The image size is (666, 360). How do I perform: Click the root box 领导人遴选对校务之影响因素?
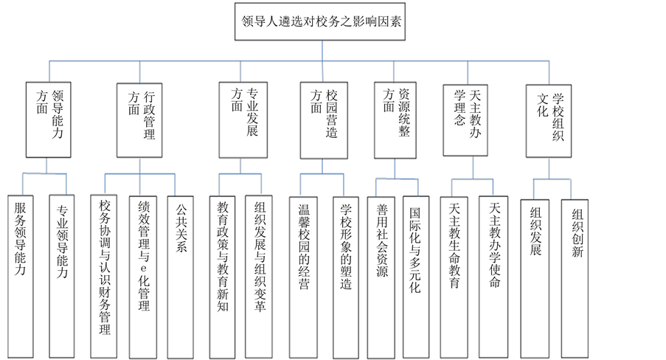322,22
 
